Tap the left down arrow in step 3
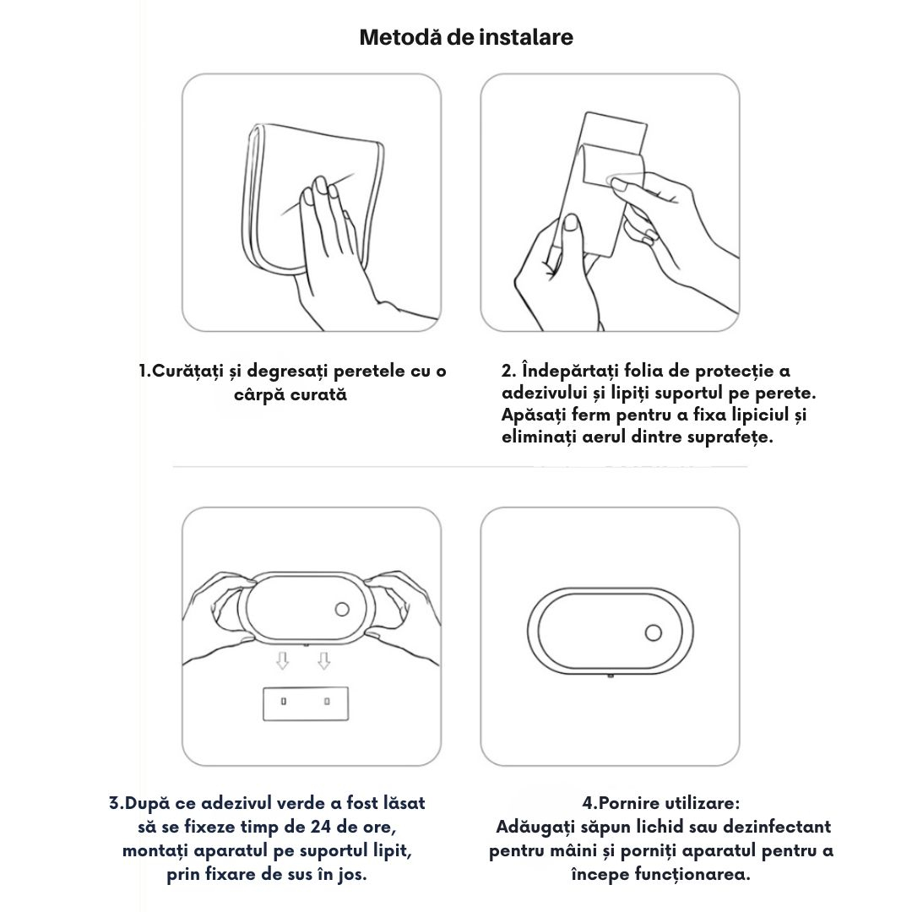(283, 660)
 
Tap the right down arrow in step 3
(324, 660)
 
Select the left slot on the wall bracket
(284, 702)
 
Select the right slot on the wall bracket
(328, 702)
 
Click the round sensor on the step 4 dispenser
(653, 632)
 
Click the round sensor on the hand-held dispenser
(342, 610)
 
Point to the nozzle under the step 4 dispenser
(611, 676)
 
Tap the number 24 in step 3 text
(321, 827)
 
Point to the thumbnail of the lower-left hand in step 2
(572, 222)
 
